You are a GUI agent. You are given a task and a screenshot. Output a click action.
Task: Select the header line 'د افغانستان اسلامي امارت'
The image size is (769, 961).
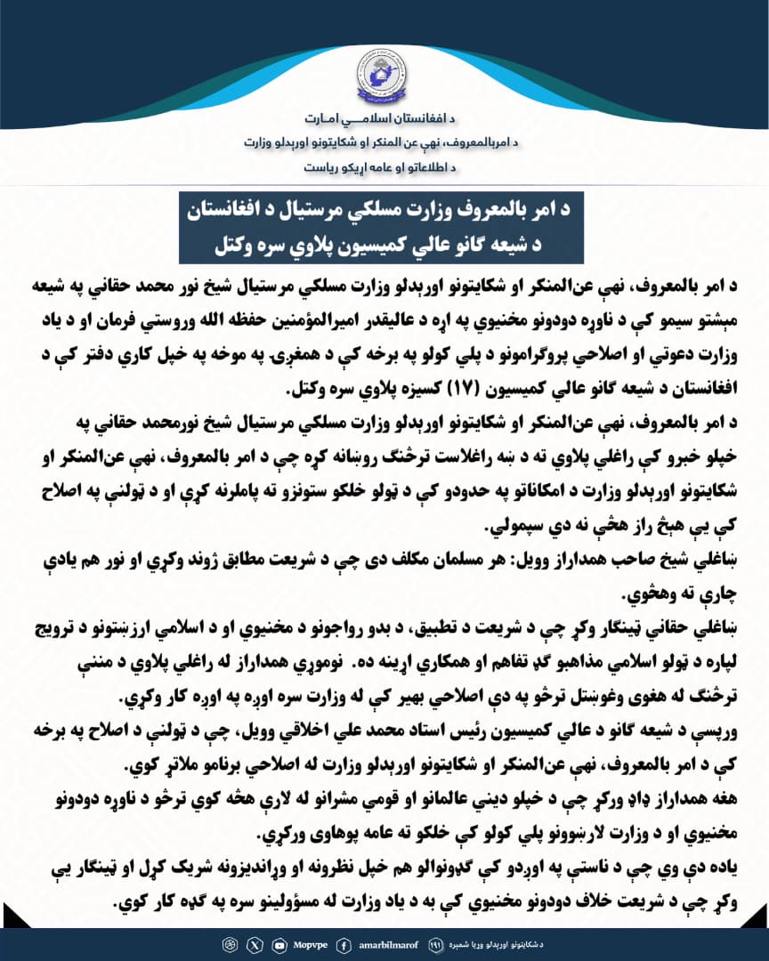(384, 119)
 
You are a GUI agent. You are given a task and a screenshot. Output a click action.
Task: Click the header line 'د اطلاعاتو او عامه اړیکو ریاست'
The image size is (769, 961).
(384, 166)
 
